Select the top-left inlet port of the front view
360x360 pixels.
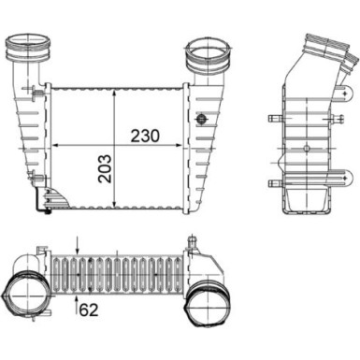coord(24,47)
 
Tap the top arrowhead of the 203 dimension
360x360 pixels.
coord(115,90)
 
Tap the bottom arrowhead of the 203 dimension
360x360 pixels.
coord(115,209)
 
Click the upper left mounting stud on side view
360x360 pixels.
coord(272,119)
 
